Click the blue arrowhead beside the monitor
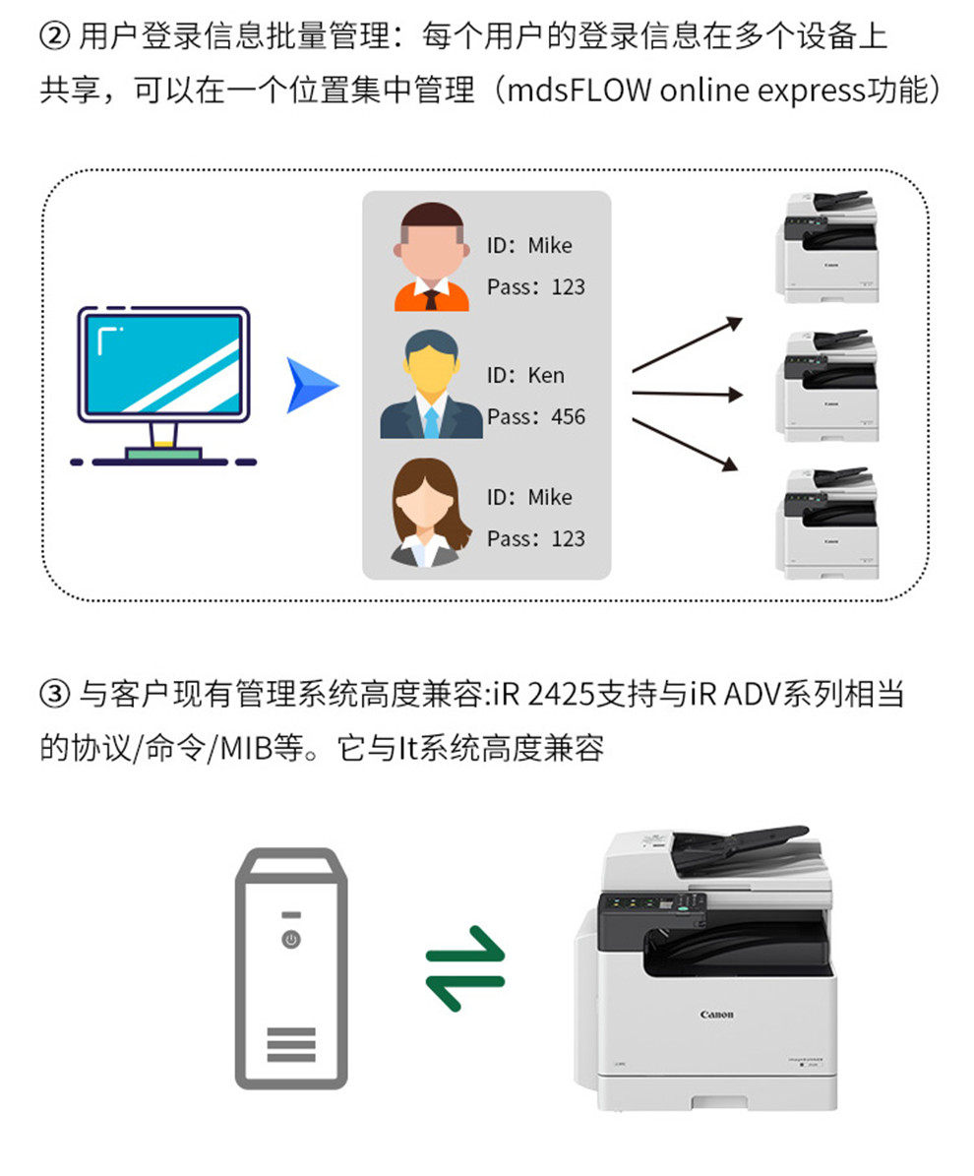tap(309, 386)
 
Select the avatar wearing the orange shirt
tap(431, 257)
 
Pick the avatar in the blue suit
tap(431, 384)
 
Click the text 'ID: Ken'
tap(525, 375)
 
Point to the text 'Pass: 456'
tap(536, 417)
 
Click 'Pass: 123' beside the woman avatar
tap(536, 538)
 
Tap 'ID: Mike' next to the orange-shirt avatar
tap(529, 245)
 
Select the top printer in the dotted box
tap(827, 247)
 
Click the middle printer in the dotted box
tap(827, 386)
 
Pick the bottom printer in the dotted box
tap(827, 524)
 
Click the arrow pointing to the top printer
tap(688, 344)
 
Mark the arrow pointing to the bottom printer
tap(686, 445)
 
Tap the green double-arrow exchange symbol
tap(465, 969)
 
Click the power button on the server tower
tap(291, 939)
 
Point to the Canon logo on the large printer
tap(717, 1015)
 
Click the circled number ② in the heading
tap(54, 35)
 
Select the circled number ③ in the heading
tap(54, 694)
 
